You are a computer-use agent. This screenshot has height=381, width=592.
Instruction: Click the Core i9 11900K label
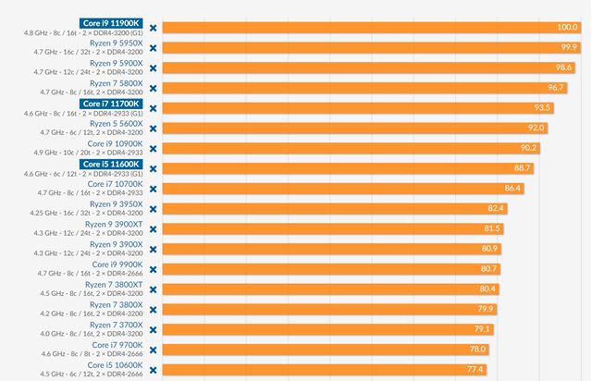pos(111,22)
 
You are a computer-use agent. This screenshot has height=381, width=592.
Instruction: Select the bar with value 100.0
pos(370,28)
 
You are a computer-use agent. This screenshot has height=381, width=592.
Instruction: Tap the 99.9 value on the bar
pos(568,48)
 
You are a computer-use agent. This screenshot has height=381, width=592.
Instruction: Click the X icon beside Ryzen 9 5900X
pos(153,68)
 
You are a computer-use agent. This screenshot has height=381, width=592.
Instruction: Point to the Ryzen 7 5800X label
pos(116,83)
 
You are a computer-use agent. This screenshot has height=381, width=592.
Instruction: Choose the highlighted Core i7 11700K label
pos(111,104)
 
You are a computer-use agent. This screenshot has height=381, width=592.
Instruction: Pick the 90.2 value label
pos(527,148)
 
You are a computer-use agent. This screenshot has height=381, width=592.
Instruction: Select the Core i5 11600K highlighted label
pos(111,164)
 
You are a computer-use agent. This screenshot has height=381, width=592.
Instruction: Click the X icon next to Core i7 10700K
pos(153,189)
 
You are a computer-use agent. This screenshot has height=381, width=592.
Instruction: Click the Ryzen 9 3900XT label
pos(114,224)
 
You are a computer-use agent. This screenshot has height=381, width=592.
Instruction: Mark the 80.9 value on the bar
pos(489,249)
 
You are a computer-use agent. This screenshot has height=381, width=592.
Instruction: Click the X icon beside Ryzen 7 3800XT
pos(153,289)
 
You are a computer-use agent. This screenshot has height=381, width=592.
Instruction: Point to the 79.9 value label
pos(485,309)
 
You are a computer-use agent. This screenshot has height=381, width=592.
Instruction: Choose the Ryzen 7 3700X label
pos(116,325)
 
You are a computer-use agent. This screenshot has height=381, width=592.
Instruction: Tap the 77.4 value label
pos(475,369)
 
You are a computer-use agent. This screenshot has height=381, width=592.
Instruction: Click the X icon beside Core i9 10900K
pos(153,149)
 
